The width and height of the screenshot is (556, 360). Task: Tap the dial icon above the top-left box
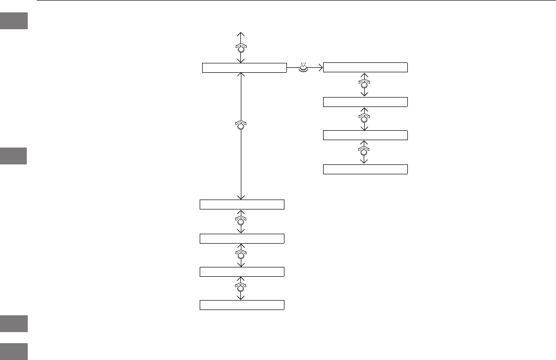point(241,48)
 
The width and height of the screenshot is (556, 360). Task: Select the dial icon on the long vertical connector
point(241,125)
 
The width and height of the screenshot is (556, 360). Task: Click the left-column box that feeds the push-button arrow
point(244,68)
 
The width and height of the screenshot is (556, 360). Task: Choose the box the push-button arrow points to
point(365,68)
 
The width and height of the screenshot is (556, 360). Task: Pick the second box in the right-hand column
point(365,102)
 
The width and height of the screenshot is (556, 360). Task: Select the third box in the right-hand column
point(365,135)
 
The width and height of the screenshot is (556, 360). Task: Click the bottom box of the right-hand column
point(365,169)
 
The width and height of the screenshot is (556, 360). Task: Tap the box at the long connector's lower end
point(242,205)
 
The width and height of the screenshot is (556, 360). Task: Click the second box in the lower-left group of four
point(242,238)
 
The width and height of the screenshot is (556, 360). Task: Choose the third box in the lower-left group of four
point(242,271)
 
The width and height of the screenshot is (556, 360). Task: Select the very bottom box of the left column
point(242,305)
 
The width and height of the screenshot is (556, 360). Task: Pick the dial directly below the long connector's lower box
point(241,221)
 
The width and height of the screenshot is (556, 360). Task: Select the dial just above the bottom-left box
point(241,288)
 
